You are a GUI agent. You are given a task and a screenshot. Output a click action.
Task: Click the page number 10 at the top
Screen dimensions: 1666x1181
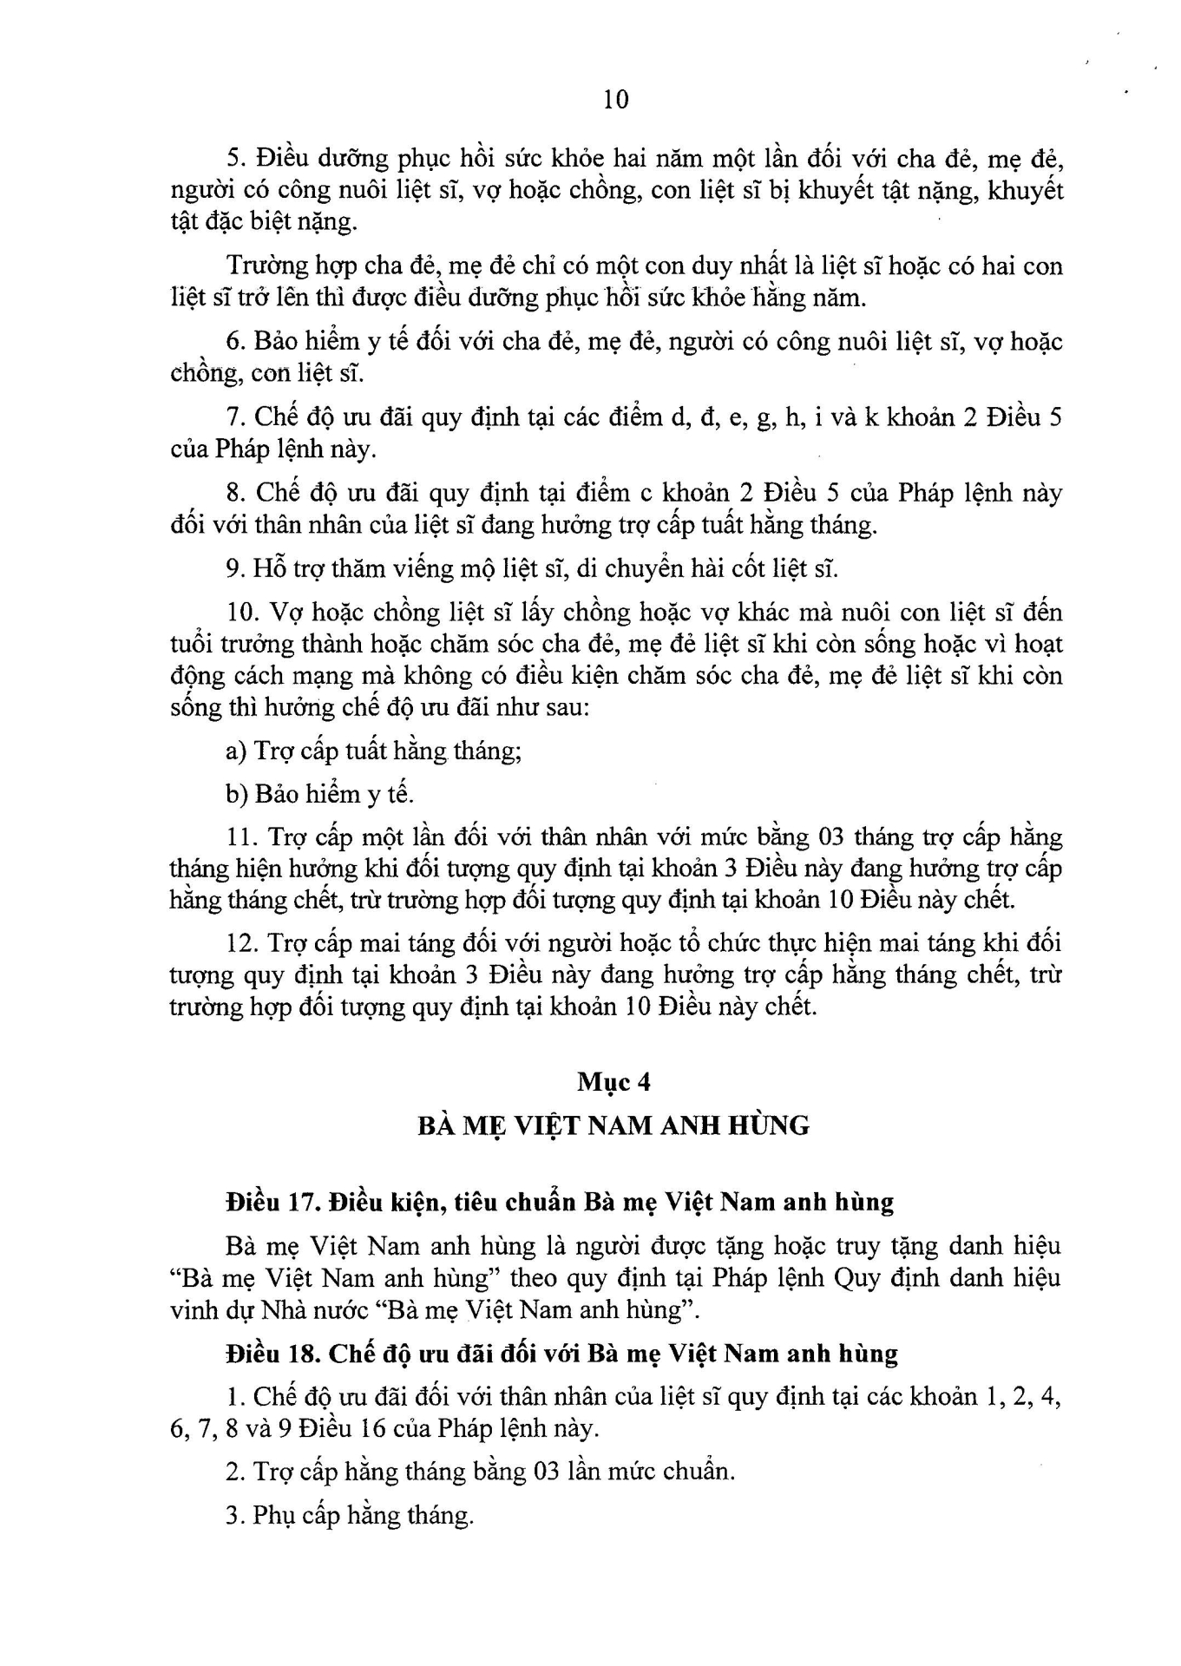pos(615,100)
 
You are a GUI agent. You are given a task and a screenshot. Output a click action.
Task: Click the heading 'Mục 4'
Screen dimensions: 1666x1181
pos(613,1082)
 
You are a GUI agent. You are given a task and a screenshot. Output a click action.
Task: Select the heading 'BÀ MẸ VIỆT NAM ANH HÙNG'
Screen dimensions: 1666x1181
pos(613,1126)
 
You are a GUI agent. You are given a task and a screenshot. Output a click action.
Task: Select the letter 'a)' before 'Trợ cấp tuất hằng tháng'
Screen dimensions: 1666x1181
pos(236,751)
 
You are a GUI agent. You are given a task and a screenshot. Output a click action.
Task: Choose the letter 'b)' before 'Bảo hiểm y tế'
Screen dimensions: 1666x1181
pos(236,794)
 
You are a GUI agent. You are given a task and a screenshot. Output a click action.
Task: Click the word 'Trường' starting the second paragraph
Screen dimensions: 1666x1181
pos(265,266)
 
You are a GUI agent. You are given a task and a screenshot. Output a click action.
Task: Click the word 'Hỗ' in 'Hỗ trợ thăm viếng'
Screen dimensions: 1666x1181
pos(268,568)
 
